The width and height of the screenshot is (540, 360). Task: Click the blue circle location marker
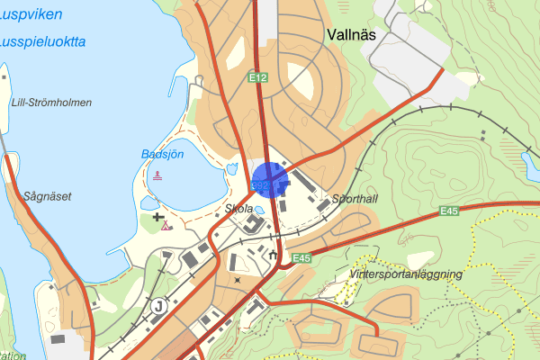[268, 178]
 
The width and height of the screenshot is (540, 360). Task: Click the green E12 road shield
[258, 78]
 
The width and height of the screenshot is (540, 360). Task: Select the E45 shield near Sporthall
[450, 211]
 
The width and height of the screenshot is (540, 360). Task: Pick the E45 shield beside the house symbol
[301, 258]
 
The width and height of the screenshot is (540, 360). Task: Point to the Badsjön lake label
[162, 154]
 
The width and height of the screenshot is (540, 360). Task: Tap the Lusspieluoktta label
[43, 41]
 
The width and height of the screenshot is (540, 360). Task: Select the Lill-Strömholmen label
[51, 103]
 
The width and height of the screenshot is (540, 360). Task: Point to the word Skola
[238, 208]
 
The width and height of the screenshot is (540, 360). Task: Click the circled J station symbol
[159, 304]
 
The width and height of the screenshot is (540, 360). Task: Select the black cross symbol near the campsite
[158, 217]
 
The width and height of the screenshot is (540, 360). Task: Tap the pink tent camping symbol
[166, 226]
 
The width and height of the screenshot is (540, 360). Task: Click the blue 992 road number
[261, 186]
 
